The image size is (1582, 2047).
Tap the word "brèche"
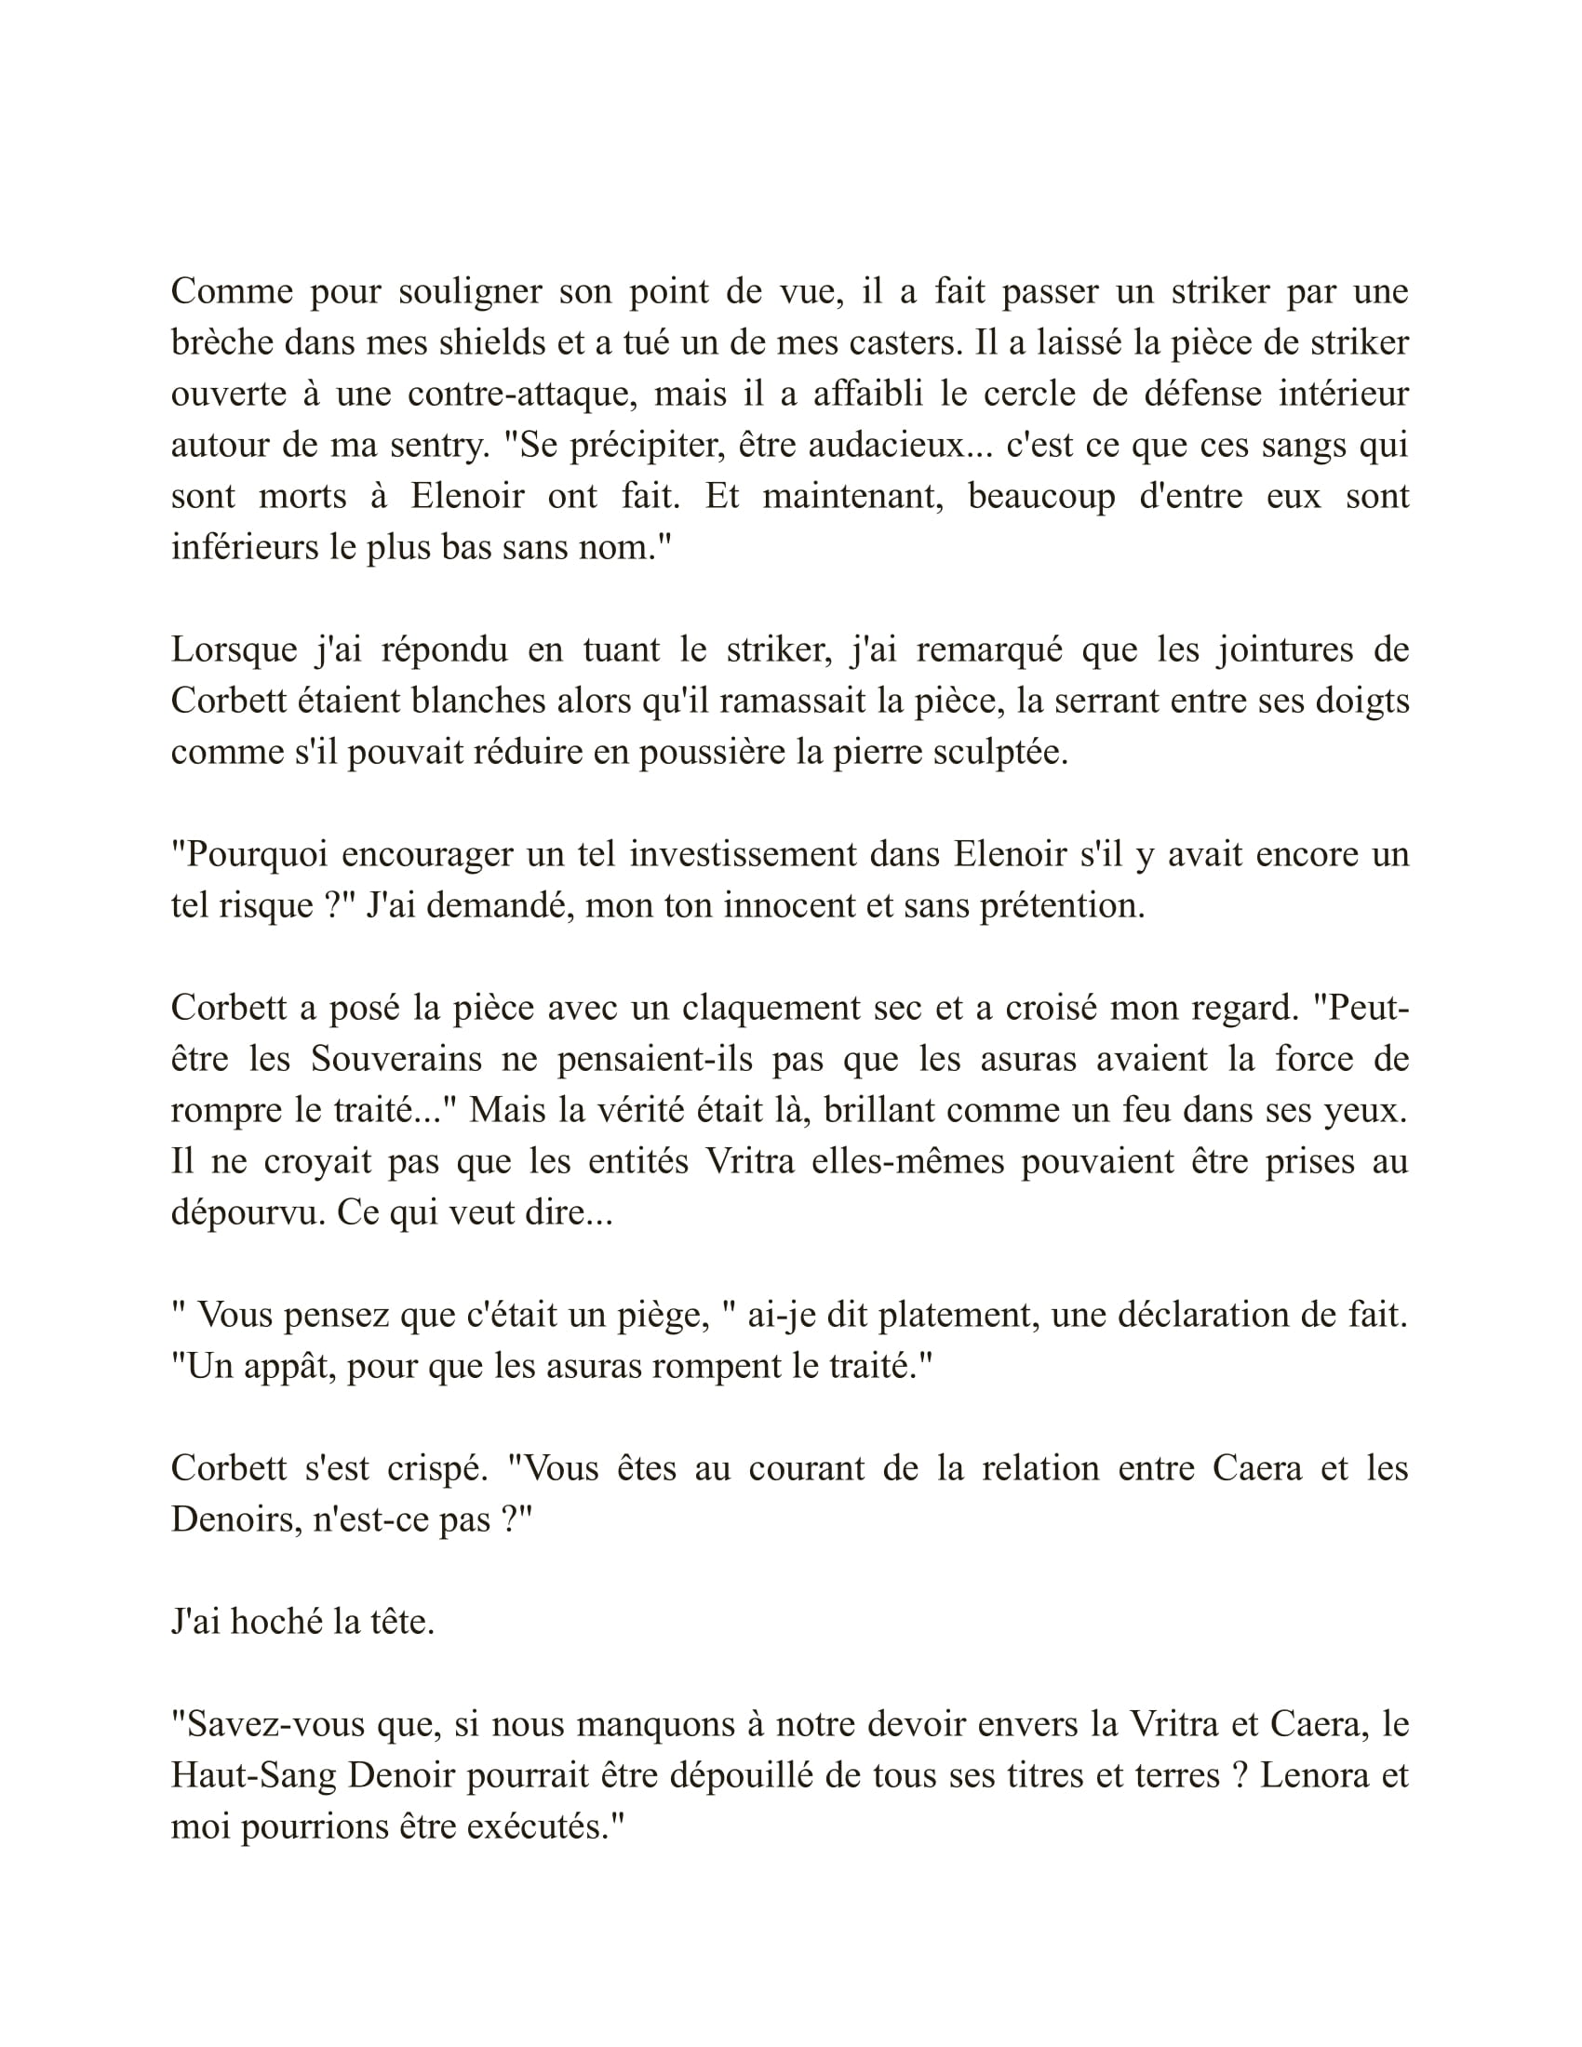pos(219,343)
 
